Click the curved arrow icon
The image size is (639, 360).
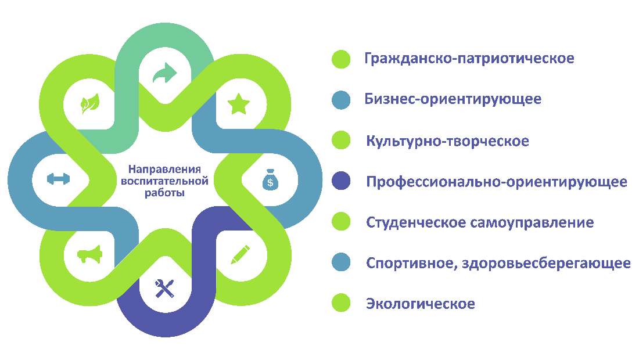pos(164,73)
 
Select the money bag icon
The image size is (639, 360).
pos(270,179)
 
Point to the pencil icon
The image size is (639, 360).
pos(240,254)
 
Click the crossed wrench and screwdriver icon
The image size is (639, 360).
pos(164,289)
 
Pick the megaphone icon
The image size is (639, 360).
pos(89,254)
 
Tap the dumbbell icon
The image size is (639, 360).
pos(58,179)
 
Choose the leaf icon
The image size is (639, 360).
pos(90,103)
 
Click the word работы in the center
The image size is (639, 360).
pos(164,193)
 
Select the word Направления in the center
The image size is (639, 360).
pos(164,169)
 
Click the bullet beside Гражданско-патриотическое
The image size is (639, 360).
pos(341,59)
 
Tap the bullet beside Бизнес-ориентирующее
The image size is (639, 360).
pos(341,100)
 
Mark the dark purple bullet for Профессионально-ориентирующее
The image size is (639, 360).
pos(341,181)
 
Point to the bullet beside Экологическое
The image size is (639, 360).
pos(341,303)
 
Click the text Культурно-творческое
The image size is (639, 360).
pos(447,141)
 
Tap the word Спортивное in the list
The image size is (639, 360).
pos(409,264)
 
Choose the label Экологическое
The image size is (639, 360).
pos(420,304)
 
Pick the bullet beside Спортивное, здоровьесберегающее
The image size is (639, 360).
pos(341,262)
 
